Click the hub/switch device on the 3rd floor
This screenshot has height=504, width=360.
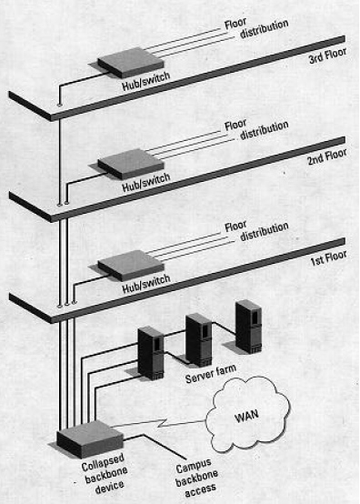[x=122, y=65]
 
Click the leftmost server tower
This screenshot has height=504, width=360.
[x=150, y=352]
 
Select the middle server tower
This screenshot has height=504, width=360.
[x=198, y=338]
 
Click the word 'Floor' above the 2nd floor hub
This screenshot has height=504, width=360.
[x=235, y=125]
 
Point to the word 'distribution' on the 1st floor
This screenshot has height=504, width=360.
[x=265, y=236]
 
